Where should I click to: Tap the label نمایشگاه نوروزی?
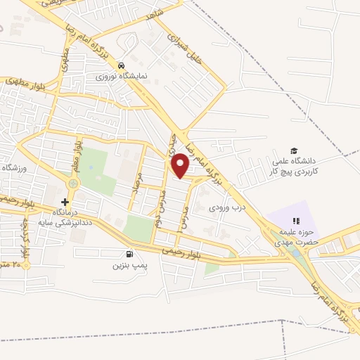click(x=122, y=74)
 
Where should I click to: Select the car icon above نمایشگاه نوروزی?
click(x=122, y=62)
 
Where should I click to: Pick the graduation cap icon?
click(x=294, y=150)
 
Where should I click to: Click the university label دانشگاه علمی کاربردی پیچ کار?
click(x=295, y=166)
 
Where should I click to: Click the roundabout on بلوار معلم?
click(x=72, y=184)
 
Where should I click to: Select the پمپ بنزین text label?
click(x=127, y=266)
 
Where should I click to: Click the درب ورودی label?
click(x=225, y=207)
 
